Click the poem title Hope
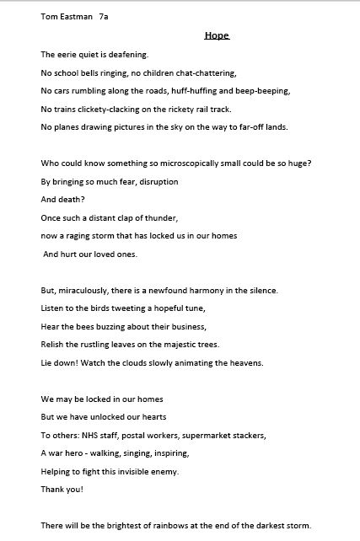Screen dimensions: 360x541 click(217, 36)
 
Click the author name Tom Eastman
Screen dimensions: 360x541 click(66, 16)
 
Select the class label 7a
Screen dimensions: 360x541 click(104, 16)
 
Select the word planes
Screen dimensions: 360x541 click(67, 127)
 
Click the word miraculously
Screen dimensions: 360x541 click(91, 291)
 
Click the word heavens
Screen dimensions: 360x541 click(246, 363)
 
